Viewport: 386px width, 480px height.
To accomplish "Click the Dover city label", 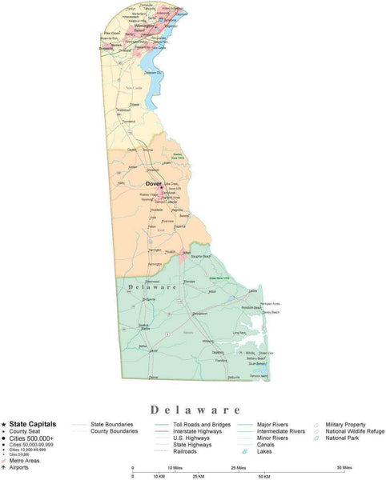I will (x=154, y=183).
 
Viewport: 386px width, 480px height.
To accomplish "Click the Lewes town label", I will (x=253, y=290).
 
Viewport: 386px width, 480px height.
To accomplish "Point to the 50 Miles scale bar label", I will (x=344, y=466).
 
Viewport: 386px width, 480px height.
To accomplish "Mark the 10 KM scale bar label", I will (x=159, y=477).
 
